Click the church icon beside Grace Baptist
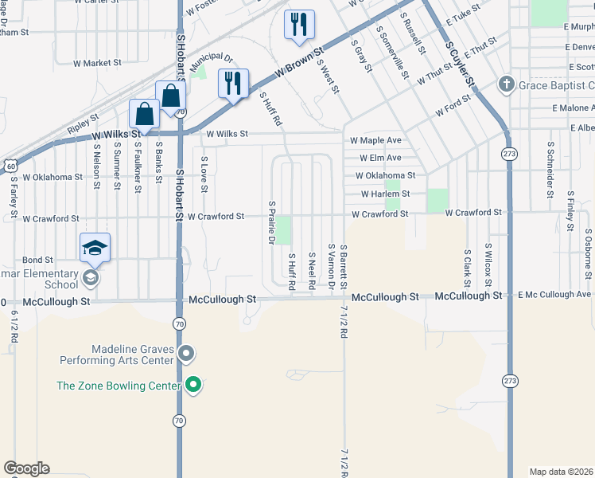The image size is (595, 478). (x=505, y=85)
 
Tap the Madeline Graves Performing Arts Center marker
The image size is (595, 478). (x=187, y=352)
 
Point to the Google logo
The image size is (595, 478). (x=26, y=468)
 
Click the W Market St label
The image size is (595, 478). (x=96, y=62)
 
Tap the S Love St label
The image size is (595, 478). (x=204, y=174)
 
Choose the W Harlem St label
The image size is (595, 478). (x=385, y=194)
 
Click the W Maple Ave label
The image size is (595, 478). (x=375, y=140)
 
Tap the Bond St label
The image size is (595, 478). (x=37, y=260)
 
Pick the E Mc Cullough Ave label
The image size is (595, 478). (x=554, y=295)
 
